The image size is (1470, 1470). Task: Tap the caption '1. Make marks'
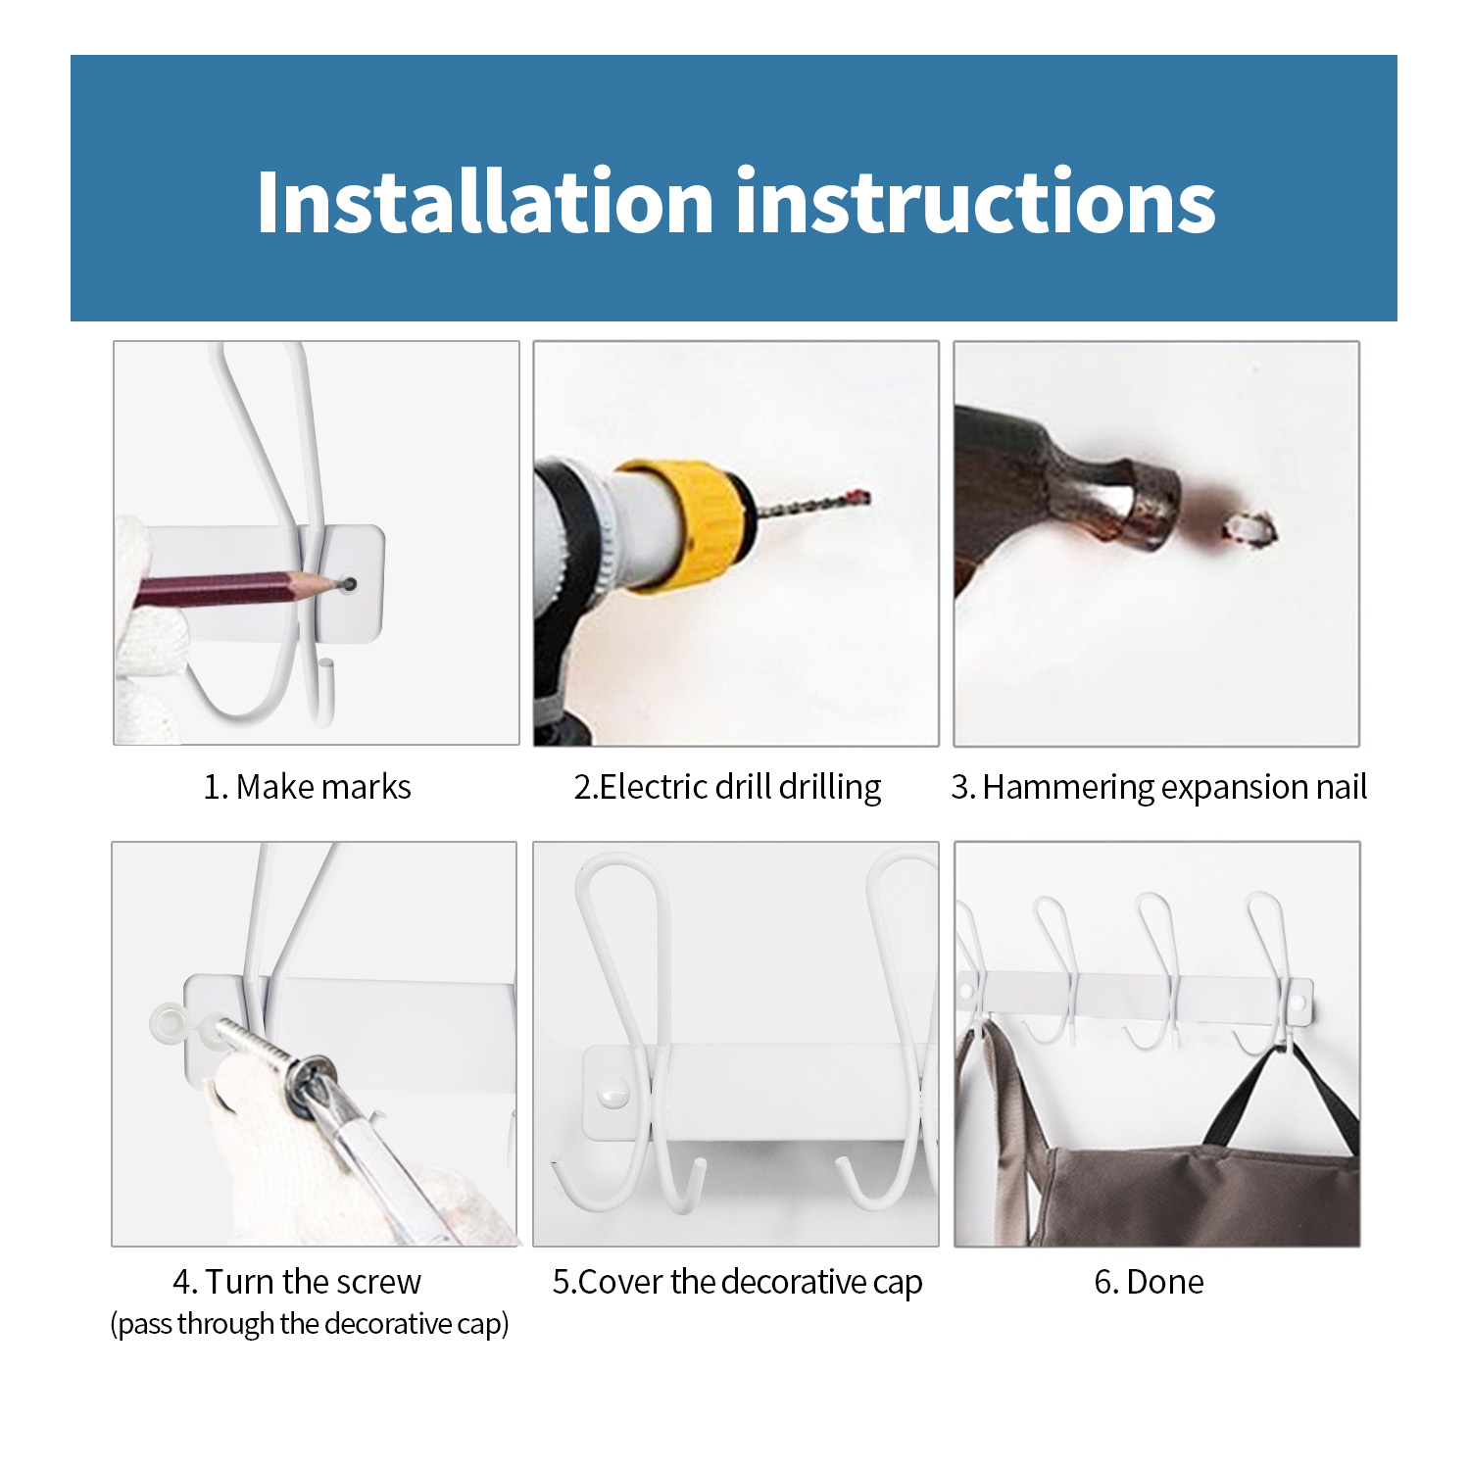point(307,787)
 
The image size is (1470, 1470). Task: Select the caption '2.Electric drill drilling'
point(727,787)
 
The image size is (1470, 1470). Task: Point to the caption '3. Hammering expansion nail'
point(1158,787)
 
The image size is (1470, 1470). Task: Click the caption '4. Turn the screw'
point(296,1282)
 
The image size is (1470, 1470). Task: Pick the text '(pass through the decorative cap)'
point(310,1324)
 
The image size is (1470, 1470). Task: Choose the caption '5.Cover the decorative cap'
point(737,1282)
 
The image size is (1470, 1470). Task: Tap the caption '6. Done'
point(1149,1282)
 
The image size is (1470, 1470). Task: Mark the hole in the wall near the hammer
point(1250,530)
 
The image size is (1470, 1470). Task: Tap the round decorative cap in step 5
point(613,1091)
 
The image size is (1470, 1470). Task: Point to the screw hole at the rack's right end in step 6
point(1299,1003)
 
